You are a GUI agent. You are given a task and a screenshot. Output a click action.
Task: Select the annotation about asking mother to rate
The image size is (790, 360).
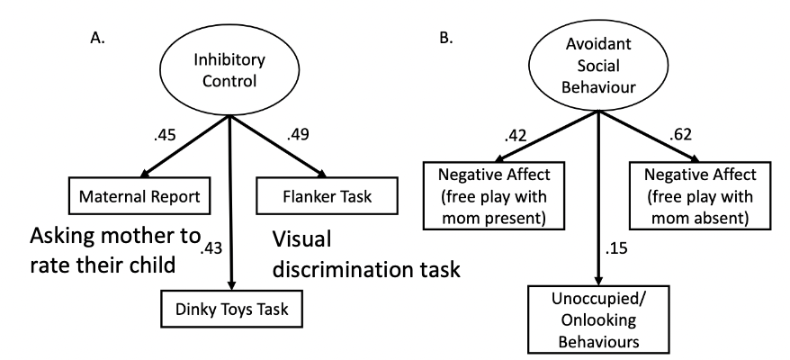[114, 252]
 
